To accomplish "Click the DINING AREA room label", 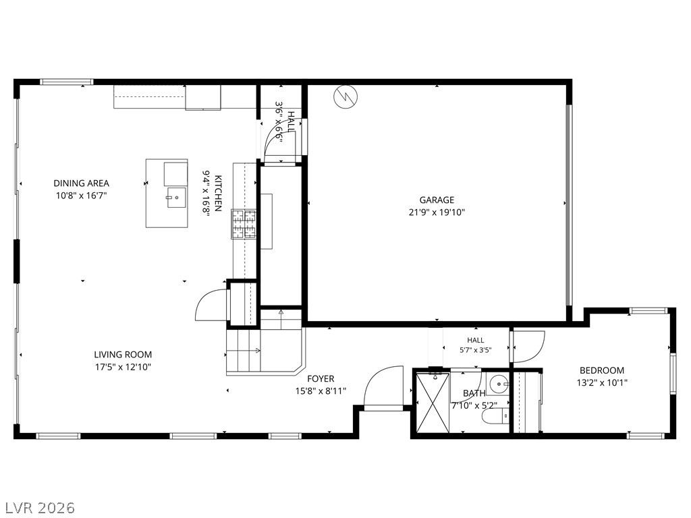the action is [x=81, y=183].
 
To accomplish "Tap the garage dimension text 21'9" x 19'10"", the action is [x=437, y=212].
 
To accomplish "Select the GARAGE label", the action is [x=437, y=200].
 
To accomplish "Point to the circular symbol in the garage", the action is [x=345, y=97].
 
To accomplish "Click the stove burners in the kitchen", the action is [x=244, y=224].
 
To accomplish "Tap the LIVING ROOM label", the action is [x=123, y=355].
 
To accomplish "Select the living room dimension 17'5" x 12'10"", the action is [x=123, y=367].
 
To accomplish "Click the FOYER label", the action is [x=321, y=378].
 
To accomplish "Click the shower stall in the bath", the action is [x=433, y=402].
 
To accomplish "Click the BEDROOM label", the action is [x=601, y=370].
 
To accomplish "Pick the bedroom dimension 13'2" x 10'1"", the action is [x=602, y=383].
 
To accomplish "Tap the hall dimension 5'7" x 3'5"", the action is [x=476, y=350].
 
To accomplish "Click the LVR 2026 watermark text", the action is [x=38, y=508].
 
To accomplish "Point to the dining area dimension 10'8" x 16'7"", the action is [x=82, y=196].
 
